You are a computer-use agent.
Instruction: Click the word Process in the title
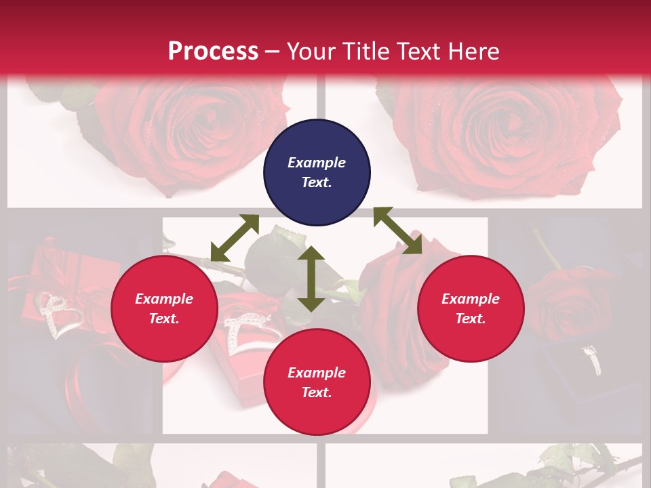point(213,52)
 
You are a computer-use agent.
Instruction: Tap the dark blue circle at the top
point(317,173)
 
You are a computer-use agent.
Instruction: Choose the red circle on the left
point(165,308)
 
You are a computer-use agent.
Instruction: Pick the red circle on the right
point(471,308)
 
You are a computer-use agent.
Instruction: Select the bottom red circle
point(317,382)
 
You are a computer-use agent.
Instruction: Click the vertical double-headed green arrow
point(311,279)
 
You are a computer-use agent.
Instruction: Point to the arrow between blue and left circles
point(235,238)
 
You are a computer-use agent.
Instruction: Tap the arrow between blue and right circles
point(398,230)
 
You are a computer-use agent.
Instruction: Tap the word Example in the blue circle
point(317,163)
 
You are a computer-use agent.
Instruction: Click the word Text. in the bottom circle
point(317,392)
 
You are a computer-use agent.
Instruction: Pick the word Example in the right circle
point(471,299)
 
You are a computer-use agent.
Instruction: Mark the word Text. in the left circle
point(165,319)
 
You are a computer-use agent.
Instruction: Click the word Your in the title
point(309,52)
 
